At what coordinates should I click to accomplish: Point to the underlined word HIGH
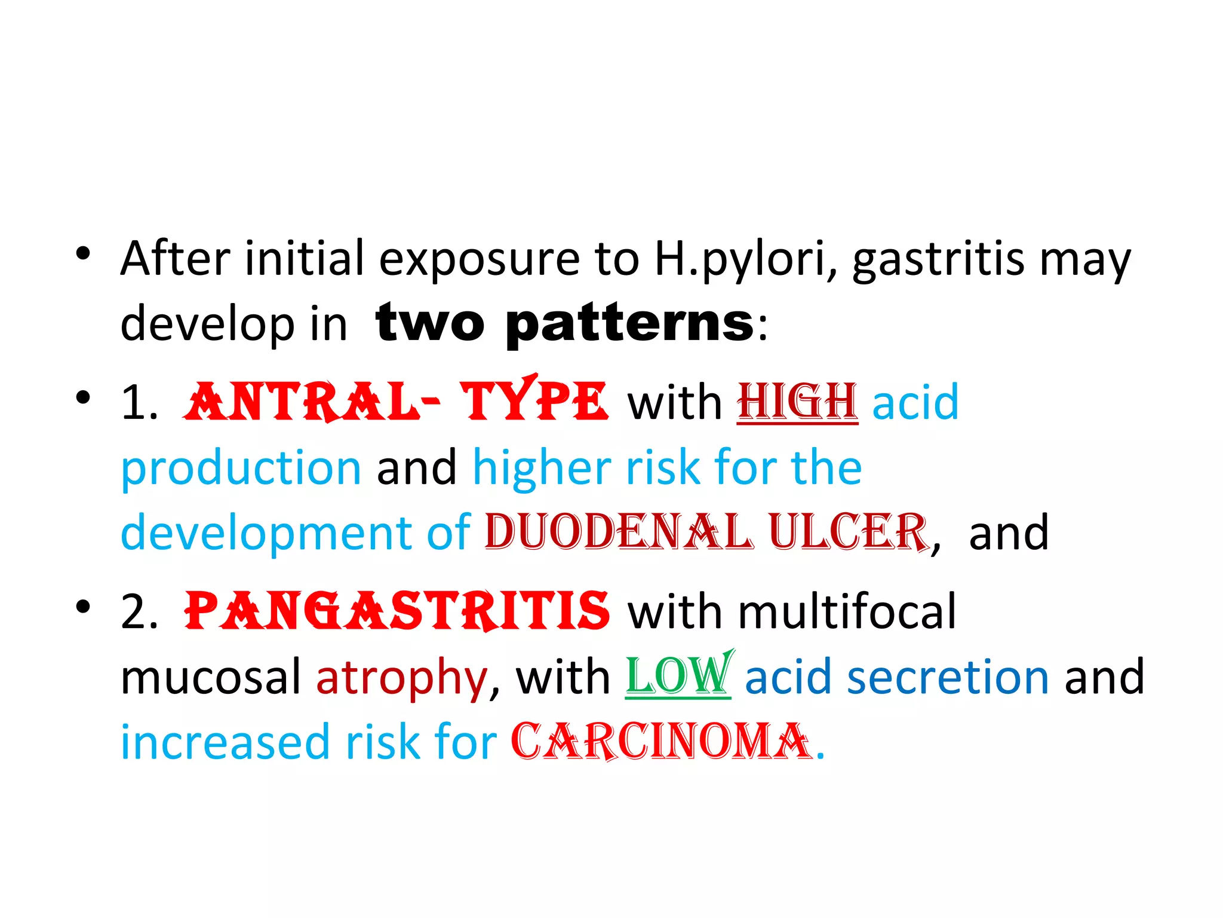tap(797, 402)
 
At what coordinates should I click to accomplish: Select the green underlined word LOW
tap(678, 677)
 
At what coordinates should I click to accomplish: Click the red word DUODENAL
tap(618, 532)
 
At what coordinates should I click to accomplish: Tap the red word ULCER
tap(848, 532)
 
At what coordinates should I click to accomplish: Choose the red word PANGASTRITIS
tap(397, 611)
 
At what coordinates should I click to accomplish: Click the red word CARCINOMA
tap(662, 742)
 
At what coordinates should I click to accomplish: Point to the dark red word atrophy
tap(401, 678)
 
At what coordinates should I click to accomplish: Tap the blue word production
tap(241, 467)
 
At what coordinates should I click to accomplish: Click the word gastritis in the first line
tap(938, 260)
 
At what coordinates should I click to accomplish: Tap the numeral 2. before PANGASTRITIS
tap(139, 612)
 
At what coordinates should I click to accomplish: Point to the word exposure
tap(480, 260)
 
